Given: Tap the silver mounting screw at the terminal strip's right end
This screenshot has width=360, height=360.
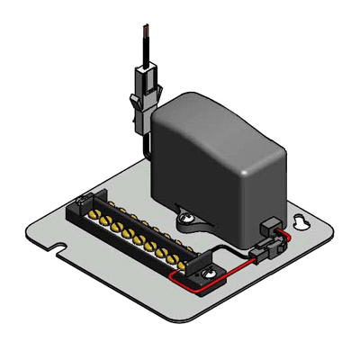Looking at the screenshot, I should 211,273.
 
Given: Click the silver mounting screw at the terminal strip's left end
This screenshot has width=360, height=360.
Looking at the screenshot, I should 85,200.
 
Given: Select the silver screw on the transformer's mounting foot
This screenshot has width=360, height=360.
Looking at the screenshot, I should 185,216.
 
